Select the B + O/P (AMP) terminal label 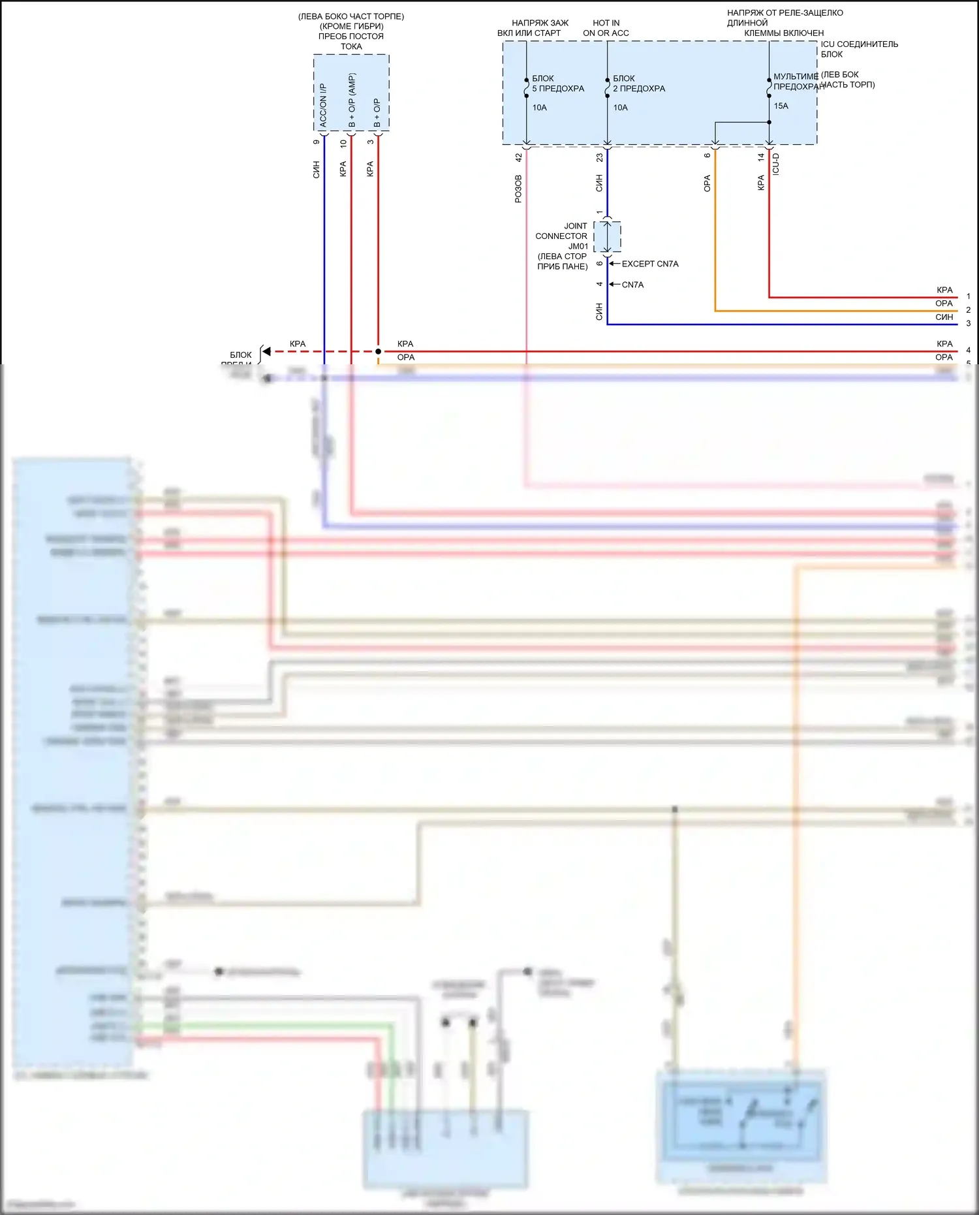click(x=352, y=101)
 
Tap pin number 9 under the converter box click(x=317, y=142)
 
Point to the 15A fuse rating click(x=781, y=106)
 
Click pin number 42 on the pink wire click(x=519, y=158)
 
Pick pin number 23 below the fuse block click(x=600, y=158)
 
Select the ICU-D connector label click(x=776, y=164)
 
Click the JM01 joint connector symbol click(x=607, y=236)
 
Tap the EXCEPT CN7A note click(x=650, y=264)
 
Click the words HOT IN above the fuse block click(x=606, y=23)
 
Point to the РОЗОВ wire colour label click(x=519, y=189)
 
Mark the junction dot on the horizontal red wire click(x=378, y=351)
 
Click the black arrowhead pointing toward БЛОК click(x=266, y=351)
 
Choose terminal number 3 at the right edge click(x=969, y=324)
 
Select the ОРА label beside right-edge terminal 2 click(x=944, y=304)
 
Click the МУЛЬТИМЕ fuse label click(x=796, y=76)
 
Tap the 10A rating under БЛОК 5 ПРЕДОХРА click(x=539, y=108)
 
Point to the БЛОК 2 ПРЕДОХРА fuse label click(x=639, y=84)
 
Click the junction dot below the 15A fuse click(x=769, y=122)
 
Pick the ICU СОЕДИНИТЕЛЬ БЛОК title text click(x=859, y=49)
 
